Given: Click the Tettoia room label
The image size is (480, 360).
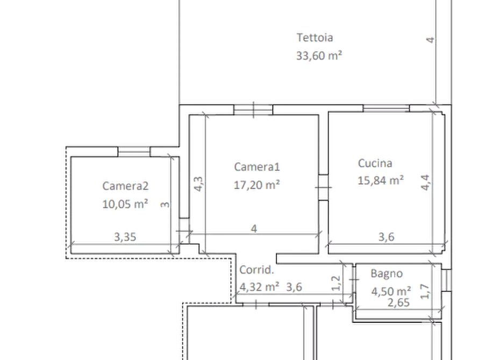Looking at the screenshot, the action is point(314,38).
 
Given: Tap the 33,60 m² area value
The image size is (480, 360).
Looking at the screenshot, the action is point(319,55).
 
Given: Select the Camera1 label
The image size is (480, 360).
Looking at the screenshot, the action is point(257,167).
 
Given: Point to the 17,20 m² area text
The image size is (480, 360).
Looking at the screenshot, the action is point(256,185).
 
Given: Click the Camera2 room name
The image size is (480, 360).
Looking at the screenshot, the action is point(125,186).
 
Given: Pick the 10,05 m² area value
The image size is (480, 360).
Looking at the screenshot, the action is point(125,204).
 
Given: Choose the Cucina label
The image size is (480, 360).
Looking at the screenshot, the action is point(375,163).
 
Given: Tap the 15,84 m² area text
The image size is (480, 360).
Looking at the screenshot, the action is point(381,180).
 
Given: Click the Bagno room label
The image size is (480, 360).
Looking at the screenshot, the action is point(386,273).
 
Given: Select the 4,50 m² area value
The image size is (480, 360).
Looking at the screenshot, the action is point(391,291).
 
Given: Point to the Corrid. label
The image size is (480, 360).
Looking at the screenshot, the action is point(256,270).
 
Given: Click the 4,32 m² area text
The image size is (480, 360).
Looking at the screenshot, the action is point(259,287).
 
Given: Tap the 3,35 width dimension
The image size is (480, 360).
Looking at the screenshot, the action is point(125,237).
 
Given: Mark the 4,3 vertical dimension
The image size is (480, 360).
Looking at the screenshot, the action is point(198,184).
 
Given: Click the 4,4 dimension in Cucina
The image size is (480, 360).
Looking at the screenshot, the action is point(426,183).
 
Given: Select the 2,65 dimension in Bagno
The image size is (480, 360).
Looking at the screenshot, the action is point(399,303).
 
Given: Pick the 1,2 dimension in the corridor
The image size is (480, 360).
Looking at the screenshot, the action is point(336,283).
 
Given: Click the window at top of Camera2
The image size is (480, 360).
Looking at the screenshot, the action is point(134,152).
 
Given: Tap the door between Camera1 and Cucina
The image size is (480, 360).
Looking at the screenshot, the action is point(323,188).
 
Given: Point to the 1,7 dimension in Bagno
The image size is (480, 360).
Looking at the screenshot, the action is point(425,291).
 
